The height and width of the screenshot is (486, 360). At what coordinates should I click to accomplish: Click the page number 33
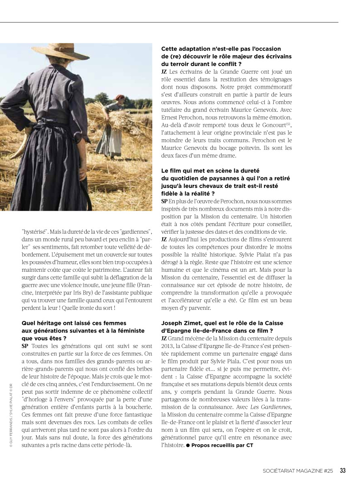pos(343,470)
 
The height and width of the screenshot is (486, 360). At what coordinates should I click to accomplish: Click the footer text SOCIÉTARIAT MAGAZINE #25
pos(298,471)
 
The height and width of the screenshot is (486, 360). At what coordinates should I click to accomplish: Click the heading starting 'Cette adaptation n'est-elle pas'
pos(221,49)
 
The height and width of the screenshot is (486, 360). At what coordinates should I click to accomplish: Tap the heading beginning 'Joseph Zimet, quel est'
pos(222,323)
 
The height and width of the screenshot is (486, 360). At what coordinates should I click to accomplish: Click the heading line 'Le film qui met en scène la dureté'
pos(210,171)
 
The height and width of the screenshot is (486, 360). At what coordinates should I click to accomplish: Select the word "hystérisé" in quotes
pos(34,232)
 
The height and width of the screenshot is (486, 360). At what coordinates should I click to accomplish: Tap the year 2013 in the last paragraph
pos(167,346)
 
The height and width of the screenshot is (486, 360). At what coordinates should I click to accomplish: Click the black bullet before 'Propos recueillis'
pos(188,445)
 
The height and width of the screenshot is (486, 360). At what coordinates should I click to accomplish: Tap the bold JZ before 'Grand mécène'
pos(164,338)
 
